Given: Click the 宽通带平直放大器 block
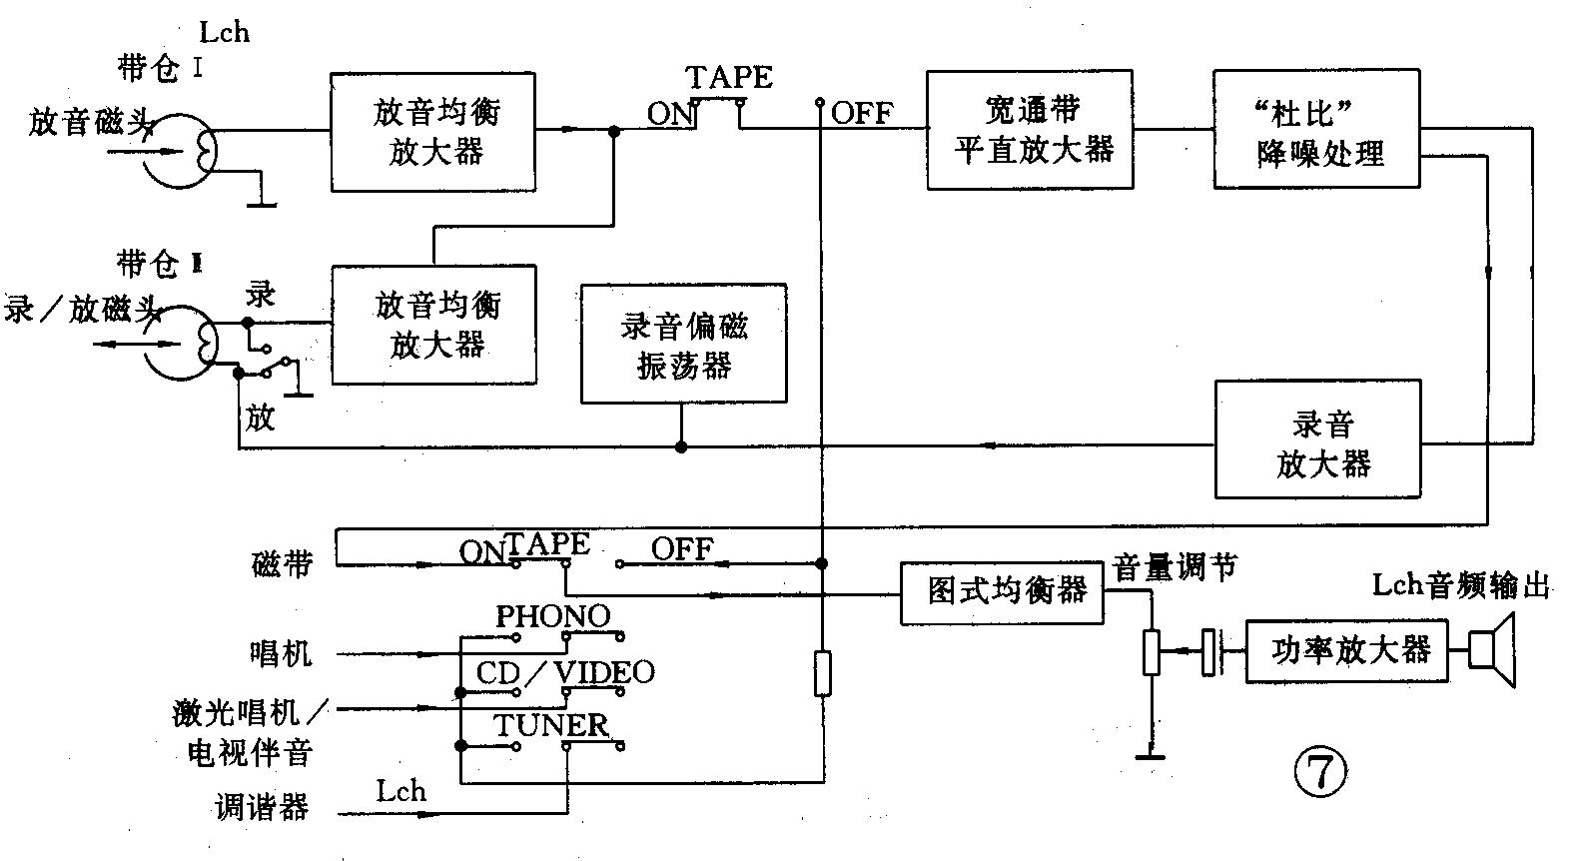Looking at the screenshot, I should click(1030, 130).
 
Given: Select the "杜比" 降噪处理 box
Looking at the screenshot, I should click(1316, 130).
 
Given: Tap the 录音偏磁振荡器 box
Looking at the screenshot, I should click(684, 344).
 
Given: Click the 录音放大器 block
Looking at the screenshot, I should click(1316, 439).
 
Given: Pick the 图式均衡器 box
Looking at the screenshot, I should click(1003, 593).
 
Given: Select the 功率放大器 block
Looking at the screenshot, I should click(1347, 651).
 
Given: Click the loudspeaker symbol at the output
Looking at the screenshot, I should click(1493, 651).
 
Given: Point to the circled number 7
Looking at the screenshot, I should click(1320, 771).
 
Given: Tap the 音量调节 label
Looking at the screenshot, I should click(1175, 567).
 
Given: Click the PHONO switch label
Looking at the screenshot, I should click(553, 616).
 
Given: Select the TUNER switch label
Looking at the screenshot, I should click(550, 725).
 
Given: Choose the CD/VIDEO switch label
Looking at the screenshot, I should click(565, 672).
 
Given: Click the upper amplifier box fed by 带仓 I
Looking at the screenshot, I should click(432, 132).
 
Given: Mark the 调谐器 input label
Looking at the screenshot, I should click(262, 807).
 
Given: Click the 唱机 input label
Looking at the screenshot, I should click(280, 654).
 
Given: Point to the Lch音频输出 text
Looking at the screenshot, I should click(1461, 585).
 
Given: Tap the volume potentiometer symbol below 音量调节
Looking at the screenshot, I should click(1152, 652).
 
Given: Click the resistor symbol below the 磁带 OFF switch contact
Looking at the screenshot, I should click(822, 673).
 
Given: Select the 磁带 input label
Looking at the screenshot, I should click(283, 564).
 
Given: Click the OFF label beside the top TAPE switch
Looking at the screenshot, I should click(862, 113).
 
